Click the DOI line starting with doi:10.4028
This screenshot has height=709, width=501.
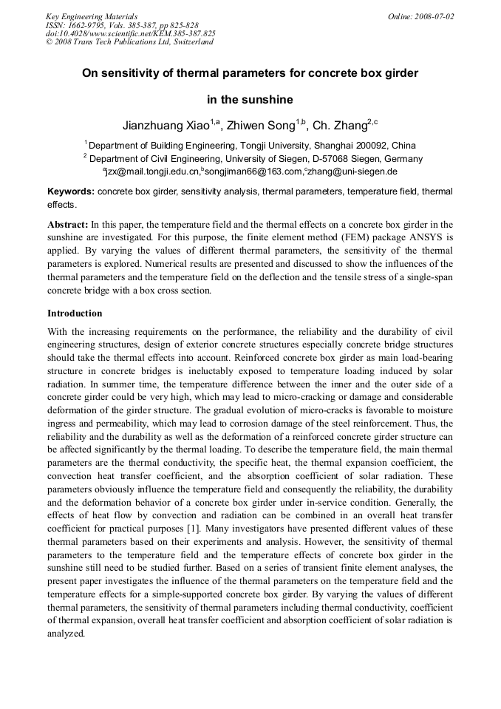click(x=130, y=33)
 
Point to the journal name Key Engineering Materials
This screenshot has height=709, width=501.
click(x=92, y=16)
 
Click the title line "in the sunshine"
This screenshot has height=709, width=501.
click(x=250, y=100)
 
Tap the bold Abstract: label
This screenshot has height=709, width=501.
click(x=68, y=224)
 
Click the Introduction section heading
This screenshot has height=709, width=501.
click(x=75, y=313)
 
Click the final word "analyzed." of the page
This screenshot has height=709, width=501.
click(x=67, y=634)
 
